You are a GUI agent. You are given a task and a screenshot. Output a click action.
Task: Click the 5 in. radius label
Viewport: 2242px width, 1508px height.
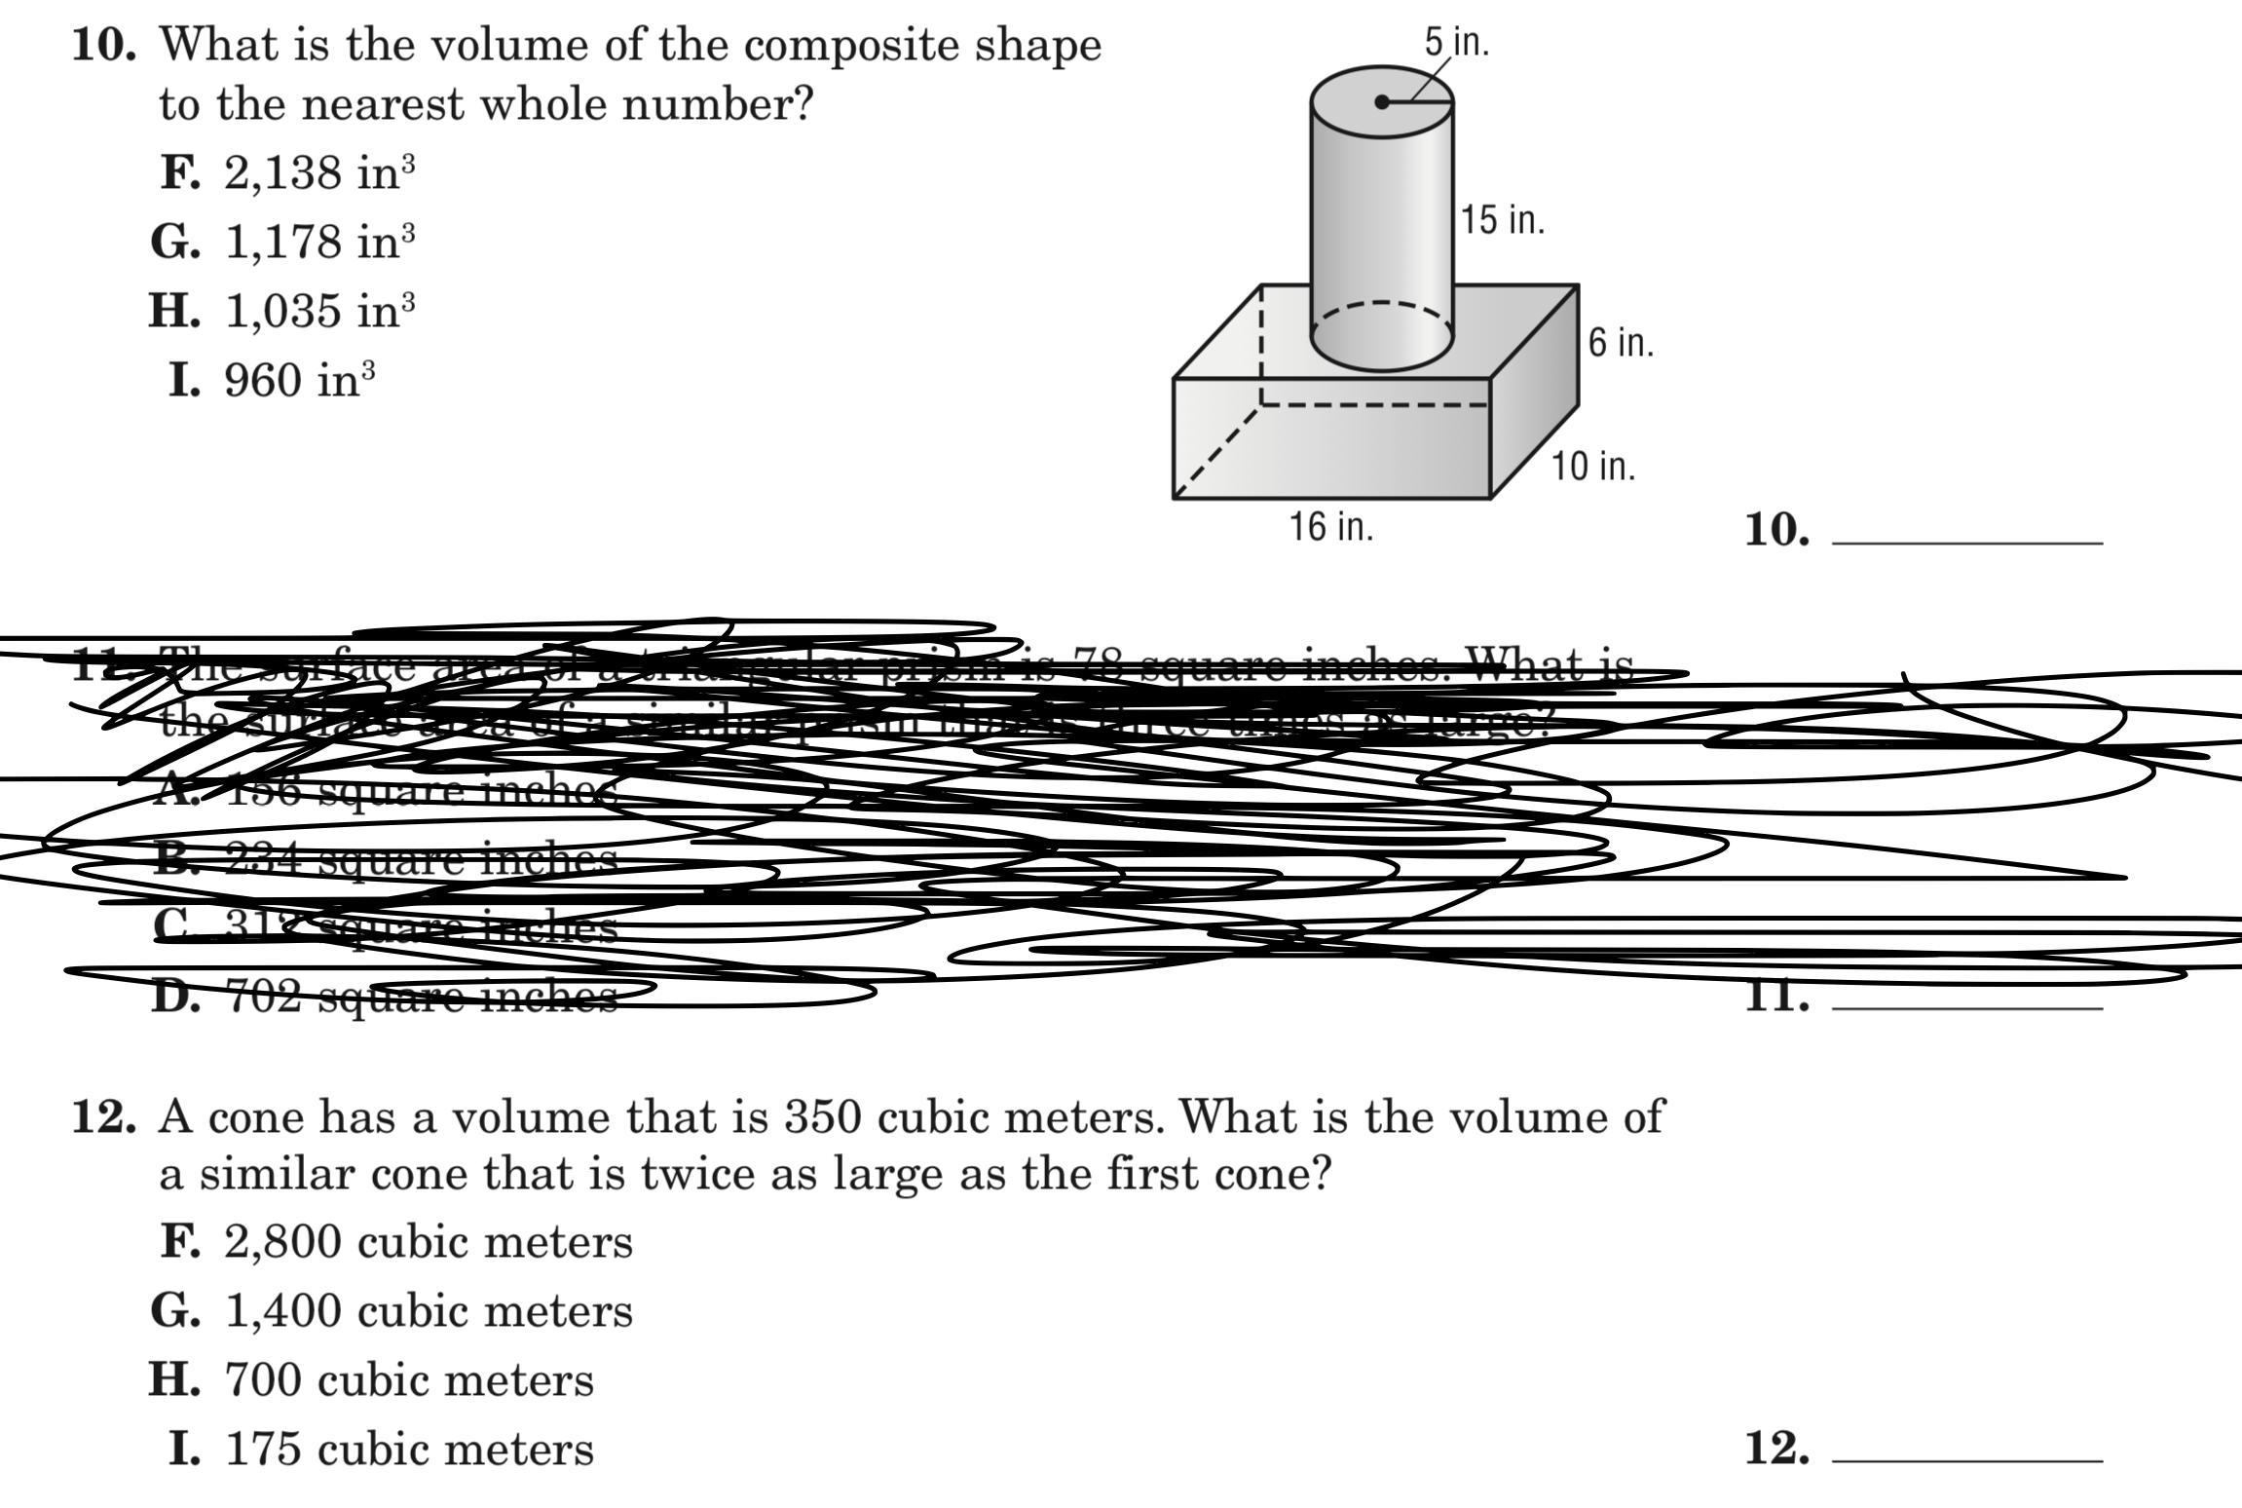(1457, 42)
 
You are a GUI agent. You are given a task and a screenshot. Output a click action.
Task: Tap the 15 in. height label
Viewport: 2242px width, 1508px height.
(1502, 220)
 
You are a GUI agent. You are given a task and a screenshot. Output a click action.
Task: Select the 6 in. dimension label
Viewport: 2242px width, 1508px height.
(1621, 343)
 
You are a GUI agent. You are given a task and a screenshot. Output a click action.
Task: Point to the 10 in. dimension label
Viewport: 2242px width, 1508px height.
(1593, 467)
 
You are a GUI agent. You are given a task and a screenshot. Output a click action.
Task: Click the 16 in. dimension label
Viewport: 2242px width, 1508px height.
(1331, 527)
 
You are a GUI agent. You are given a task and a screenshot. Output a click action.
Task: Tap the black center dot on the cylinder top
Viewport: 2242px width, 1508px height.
(1382, 102)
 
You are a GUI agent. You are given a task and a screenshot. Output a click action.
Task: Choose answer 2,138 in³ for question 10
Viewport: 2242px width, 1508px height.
(318, 173)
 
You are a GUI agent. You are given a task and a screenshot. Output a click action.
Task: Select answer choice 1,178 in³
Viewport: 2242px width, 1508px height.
(319, 242)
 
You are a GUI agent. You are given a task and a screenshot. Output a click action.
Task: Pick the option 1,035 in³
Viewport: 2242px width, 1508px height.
(319, 311)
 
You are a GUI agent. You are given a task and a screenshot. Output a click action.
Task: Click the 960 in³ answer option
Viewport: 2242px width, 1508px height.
(299, 380)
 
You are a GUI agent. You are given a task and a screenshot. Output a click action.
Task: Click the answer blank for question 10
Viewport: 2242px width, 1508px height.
(1966, 531)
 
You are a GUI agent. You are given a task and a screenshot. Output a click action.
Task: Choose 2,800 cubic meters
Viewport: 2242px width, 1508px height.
(428, 1242)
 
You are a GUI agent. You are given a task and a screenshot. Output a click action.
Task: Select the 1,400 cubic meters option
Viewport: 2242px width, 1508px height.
(428, 1311)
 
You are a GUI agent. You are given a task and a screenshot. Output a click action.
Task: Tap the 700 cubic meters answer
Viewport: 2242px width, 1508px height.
(408, 1380)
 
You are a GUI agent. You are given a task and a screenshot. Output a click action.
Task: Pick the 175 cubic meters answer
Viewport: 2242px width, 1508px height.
(408, 1450)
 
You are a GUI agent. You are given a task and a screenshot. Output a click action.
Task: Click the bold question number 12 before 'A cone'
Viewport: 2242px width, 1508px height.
(103, 1116)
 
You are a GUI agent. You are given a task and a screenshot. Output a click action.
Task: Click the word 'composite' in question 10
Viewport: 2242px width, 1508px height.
(809, 46)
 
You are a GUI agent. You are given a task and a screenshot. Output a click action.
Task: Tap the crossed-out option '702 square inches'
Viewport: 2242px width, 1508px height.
(422, 997)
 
